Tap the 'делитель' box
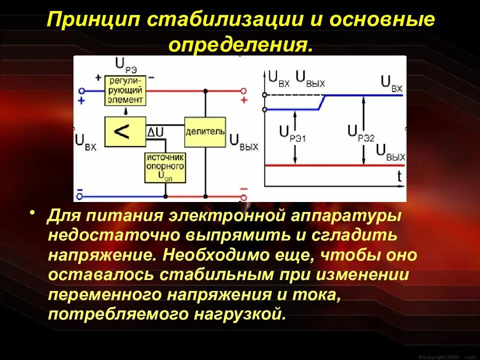(205, 131)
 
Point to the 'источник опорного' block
(165, 167)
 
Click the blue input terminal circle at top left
(81, 91)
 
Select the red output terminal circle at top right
(243, 91)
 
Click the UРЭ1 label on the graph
(291, 132)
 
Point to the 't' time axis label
(399, 176)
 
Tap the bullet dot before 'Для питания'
(33, 214)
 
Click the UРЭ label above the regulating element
(125, 64)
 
